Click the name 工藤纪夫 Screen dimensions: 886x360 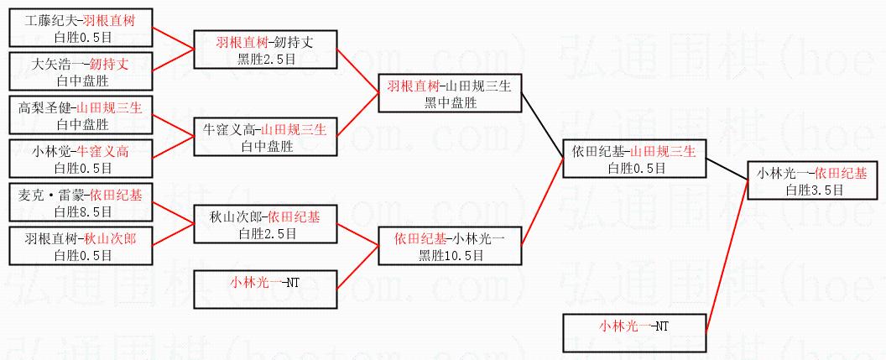[x=48, y=20]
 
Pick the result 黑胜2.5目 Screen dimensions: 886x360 [x=266, y=57]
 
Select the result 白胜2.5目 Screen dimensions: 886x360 [x=266, y=233]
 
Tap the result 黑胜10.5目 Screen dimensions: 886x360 [x=451, y=255]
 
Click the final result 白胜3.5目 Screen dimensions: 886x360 [x=814, y=190]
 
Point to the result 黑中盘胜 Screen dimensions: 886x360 [x=451, y=102]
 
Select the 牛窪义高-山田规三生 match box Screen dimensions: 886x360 [x=266, y=137]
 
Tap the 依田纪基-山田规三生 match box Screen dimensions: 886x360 [x=631, y=159]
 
